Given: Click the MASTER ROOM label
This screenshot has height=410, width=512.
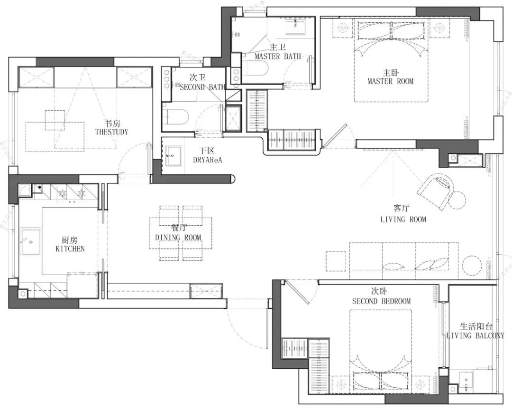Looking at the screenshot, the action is [390, 81].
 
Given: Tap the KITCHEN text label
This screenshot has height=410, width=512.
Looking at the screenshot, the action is [70, 248].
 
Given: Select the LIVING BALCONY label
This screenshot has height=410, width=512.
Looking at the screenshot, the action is [475, 335].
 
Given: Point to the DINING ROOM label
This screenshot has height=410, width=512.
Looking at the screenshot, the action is [178, 237].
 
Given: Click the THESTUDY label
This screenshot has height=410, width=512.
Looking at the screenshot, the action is [112, 132].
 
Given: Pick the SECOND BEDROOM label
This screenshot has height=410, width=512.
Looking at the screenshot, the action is [381, 301].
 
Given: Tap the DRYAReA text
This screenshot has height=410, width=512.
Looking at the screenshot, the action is [207, 160].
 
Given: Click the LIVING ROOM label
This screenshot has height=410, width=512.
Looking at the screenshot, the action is [403, 219].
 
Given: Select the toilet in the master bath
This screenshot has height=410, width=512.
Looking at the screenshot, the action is [255, 68].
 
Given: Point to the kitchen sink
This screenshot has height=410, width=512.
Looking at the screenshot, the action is [30, 241].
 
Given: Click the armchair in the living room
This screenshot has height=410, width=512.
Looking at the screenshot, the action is [436, 191].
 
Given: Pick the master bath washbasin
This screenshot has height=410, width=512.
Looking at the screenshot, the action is [295, 27].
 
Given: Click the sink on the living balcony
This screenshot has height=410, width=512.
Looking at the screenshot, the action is [466, 379].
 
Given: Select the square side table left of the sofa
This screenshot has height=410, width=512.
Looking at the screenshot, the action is [335, 261].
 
